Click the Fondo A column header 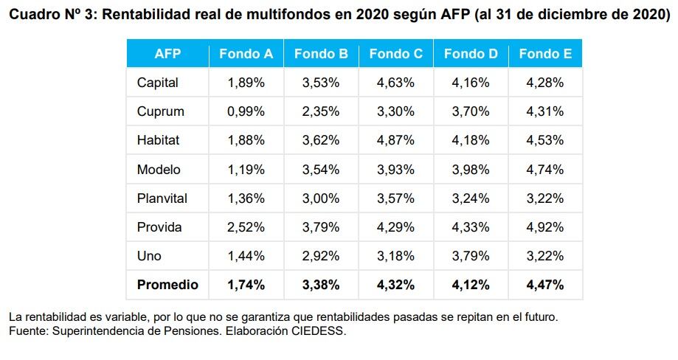click(x=246, y=54)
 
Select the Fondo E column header click(x=545, y=54)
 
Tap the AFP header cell click(x=167, y=54)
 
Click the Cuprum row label click(x=160, y=111)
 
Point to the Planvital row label click(x=162, y=198)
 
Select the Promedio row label click(x=167, y=285)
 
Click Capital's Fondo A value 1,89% click(x=246, y=83)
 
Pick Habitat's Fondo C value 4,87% click(x=395, y=140)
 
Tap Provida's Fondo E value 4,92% click(x=545, y=227)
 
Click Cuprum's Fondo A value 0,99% click(x=246, y=111)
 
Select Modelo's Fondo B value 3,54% click(x=321, y=170)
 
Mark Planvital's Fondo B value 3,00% click(x=321, y=198)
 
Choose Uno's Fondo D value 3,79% click(x=471, y=256)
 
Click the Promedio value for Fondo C click(x=395, y=285)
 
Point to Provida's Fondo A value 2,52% click(x=246, y=227)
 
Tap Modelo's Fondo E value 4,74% click(x=545, y=170)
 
